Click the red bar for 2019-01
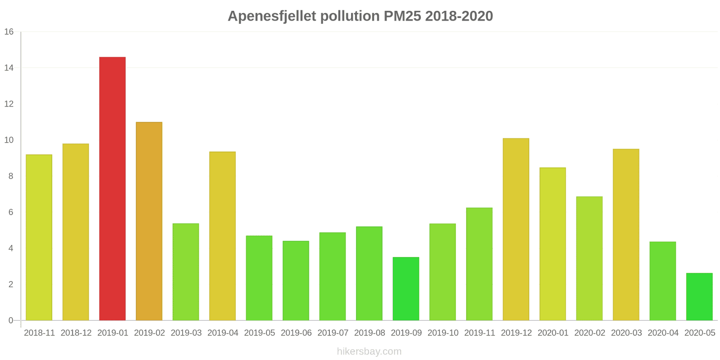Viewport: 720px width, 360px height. click(x=112, y=189)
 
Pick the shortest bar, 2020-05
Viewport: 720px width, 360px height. click(x=699, y=297)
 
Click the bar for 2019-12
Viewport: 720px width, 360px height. click(x=516, y=229)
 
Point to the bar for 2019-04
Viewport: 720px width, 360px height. click(x=222, y=236)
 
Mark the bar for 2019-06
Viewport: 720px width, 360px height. click(x=296, y=281)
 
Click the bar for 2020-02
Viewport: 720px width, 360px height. click(x=589, y=259)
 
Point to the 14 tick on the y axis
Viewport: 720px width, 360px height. click(x=9, y=68)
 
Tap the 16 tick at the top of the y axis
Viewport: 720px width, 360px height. click(x=9, y=32)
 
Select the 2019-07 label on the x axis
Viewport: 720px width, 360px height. click(x=333, y=333)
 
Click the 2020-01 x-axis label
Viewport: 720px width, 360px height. click(x=553, y=333)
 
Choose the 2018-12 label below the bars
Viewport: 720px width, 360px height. click(x=76, y=333)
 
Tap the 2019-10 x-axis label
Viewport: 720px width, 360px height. click(x=443, y=333)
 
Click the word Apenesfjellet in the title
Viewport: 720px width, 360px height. click(x=272, y=16)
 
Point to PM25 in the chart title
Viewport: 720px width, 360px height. click(x=402, y=16)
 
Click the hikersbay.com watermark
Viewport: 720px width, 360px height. click(x=369, y=351)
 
